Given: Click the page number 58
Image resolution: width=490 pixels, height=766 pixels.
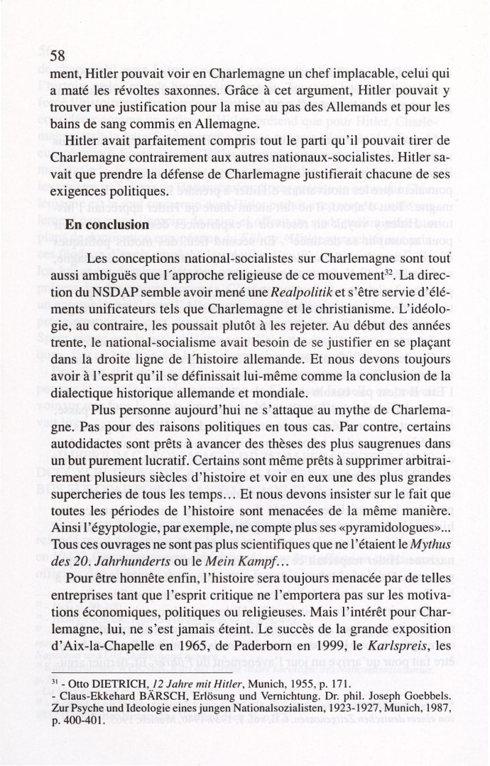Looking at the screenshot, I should [x=58, y=56].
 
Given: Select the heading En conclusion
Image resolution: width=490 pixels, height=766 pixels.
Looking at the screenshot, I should [x=108, y=225].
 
